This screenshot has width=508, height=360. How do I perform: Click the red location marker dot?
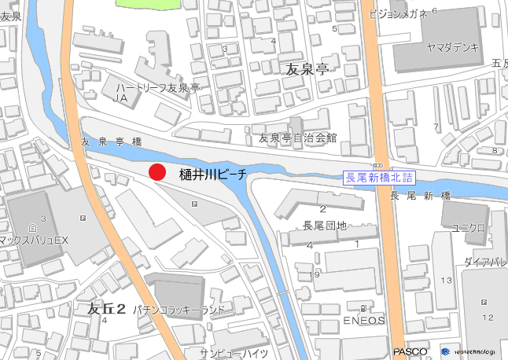coord(157,173)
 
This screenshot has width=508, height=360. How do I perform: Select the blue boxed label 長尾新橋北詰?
coord(379,178)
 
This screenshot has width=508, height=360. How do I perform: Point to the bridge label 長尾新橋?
coord(420,195)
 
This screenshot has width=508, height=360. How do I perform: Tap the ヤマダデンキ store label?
coord(452,47)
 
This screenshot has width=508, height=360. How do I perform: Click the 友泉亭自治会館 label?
coord(297,138)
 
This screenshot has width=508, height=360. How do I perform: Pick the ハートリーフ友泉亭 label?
coord(158,88)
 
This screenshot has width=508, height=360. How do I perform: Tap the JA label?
coord(120,99)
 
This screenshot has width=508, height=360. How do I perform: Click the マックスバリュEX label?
coord(35,239)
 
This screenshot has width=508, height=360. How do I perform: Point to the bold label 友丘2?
coord(107,309)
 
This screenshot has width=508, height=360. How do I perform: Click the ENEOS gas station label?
coord(364,321)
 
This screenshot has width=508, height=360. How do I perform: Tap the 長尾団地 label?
coord(325,226)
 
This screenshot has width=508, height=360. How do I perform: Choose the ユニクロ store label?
coord(467,228)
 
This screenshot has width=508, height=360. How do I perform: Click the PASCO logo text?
coord(410,351)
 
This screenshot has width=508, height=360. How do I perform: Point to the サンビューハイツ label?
coord(234,352)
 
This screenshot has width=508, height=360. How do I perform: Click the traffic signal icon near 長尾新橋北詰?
coord(378,166)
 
